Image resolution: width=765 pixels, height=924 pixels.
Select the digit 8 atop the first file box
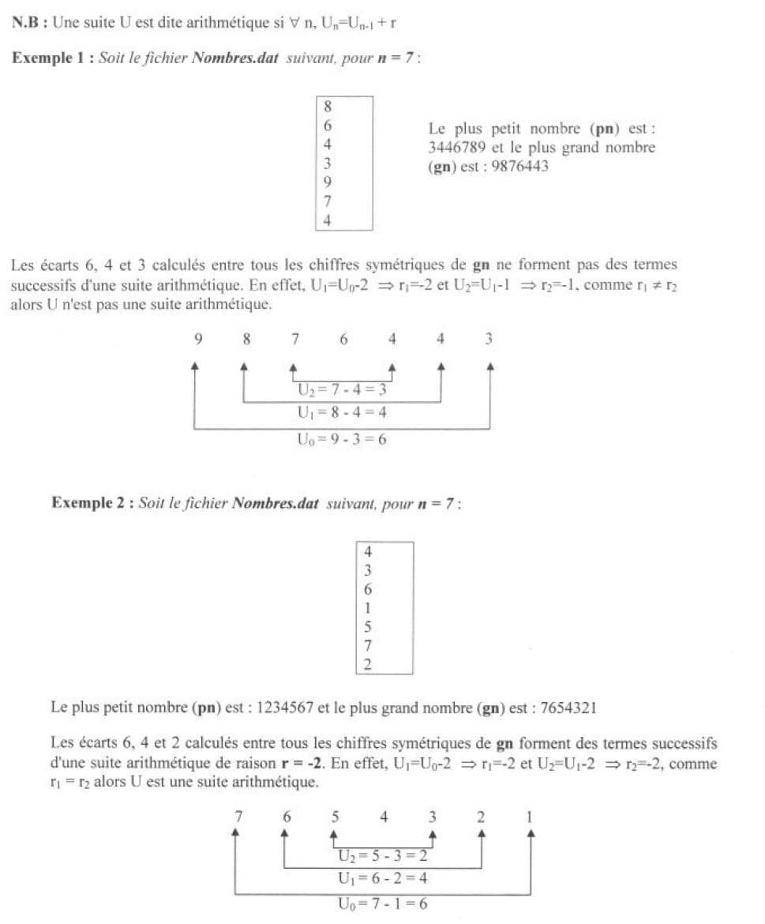pyautogui.click(x=328, y=106)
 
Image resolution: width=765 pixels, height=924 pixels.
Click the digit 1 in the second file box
pyautogui.click(x=368, y=608)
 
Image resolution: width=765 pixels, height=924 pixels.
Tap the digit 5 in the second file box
pyautogui.click(x=368, y=628)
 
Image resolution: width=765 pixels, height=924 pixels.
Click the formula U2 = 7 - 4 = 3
pyautogui.click(x=341, y=389)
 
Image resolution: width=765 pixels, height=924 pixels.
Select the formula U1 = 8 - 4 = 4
pyautogui.click(x=341, y=413)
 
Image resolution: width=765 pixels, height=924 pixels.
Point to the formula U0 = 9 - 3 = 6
pyautogui.click(x=341, y=439)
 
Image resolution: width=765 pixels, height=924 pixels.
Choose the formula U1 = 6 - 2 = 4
pyautogui.click(x=382, y=878)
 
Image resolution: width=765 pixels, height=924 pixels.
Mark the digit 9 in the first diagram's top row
pyautogui.click(x=197, y=340)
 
